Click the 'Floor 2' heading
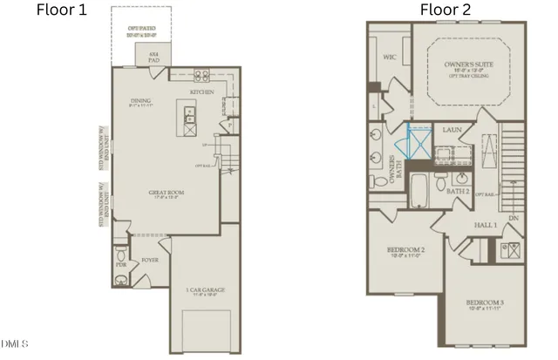[x=446, y=10]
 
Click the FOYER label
[x=150, y=260]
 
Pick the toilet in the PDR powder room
[x=120, y=280]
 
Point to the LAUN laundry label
[x=451, y=130]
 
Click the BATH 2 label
[x=459, y=190]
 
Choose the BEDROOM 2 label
[x=405, y=253]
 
